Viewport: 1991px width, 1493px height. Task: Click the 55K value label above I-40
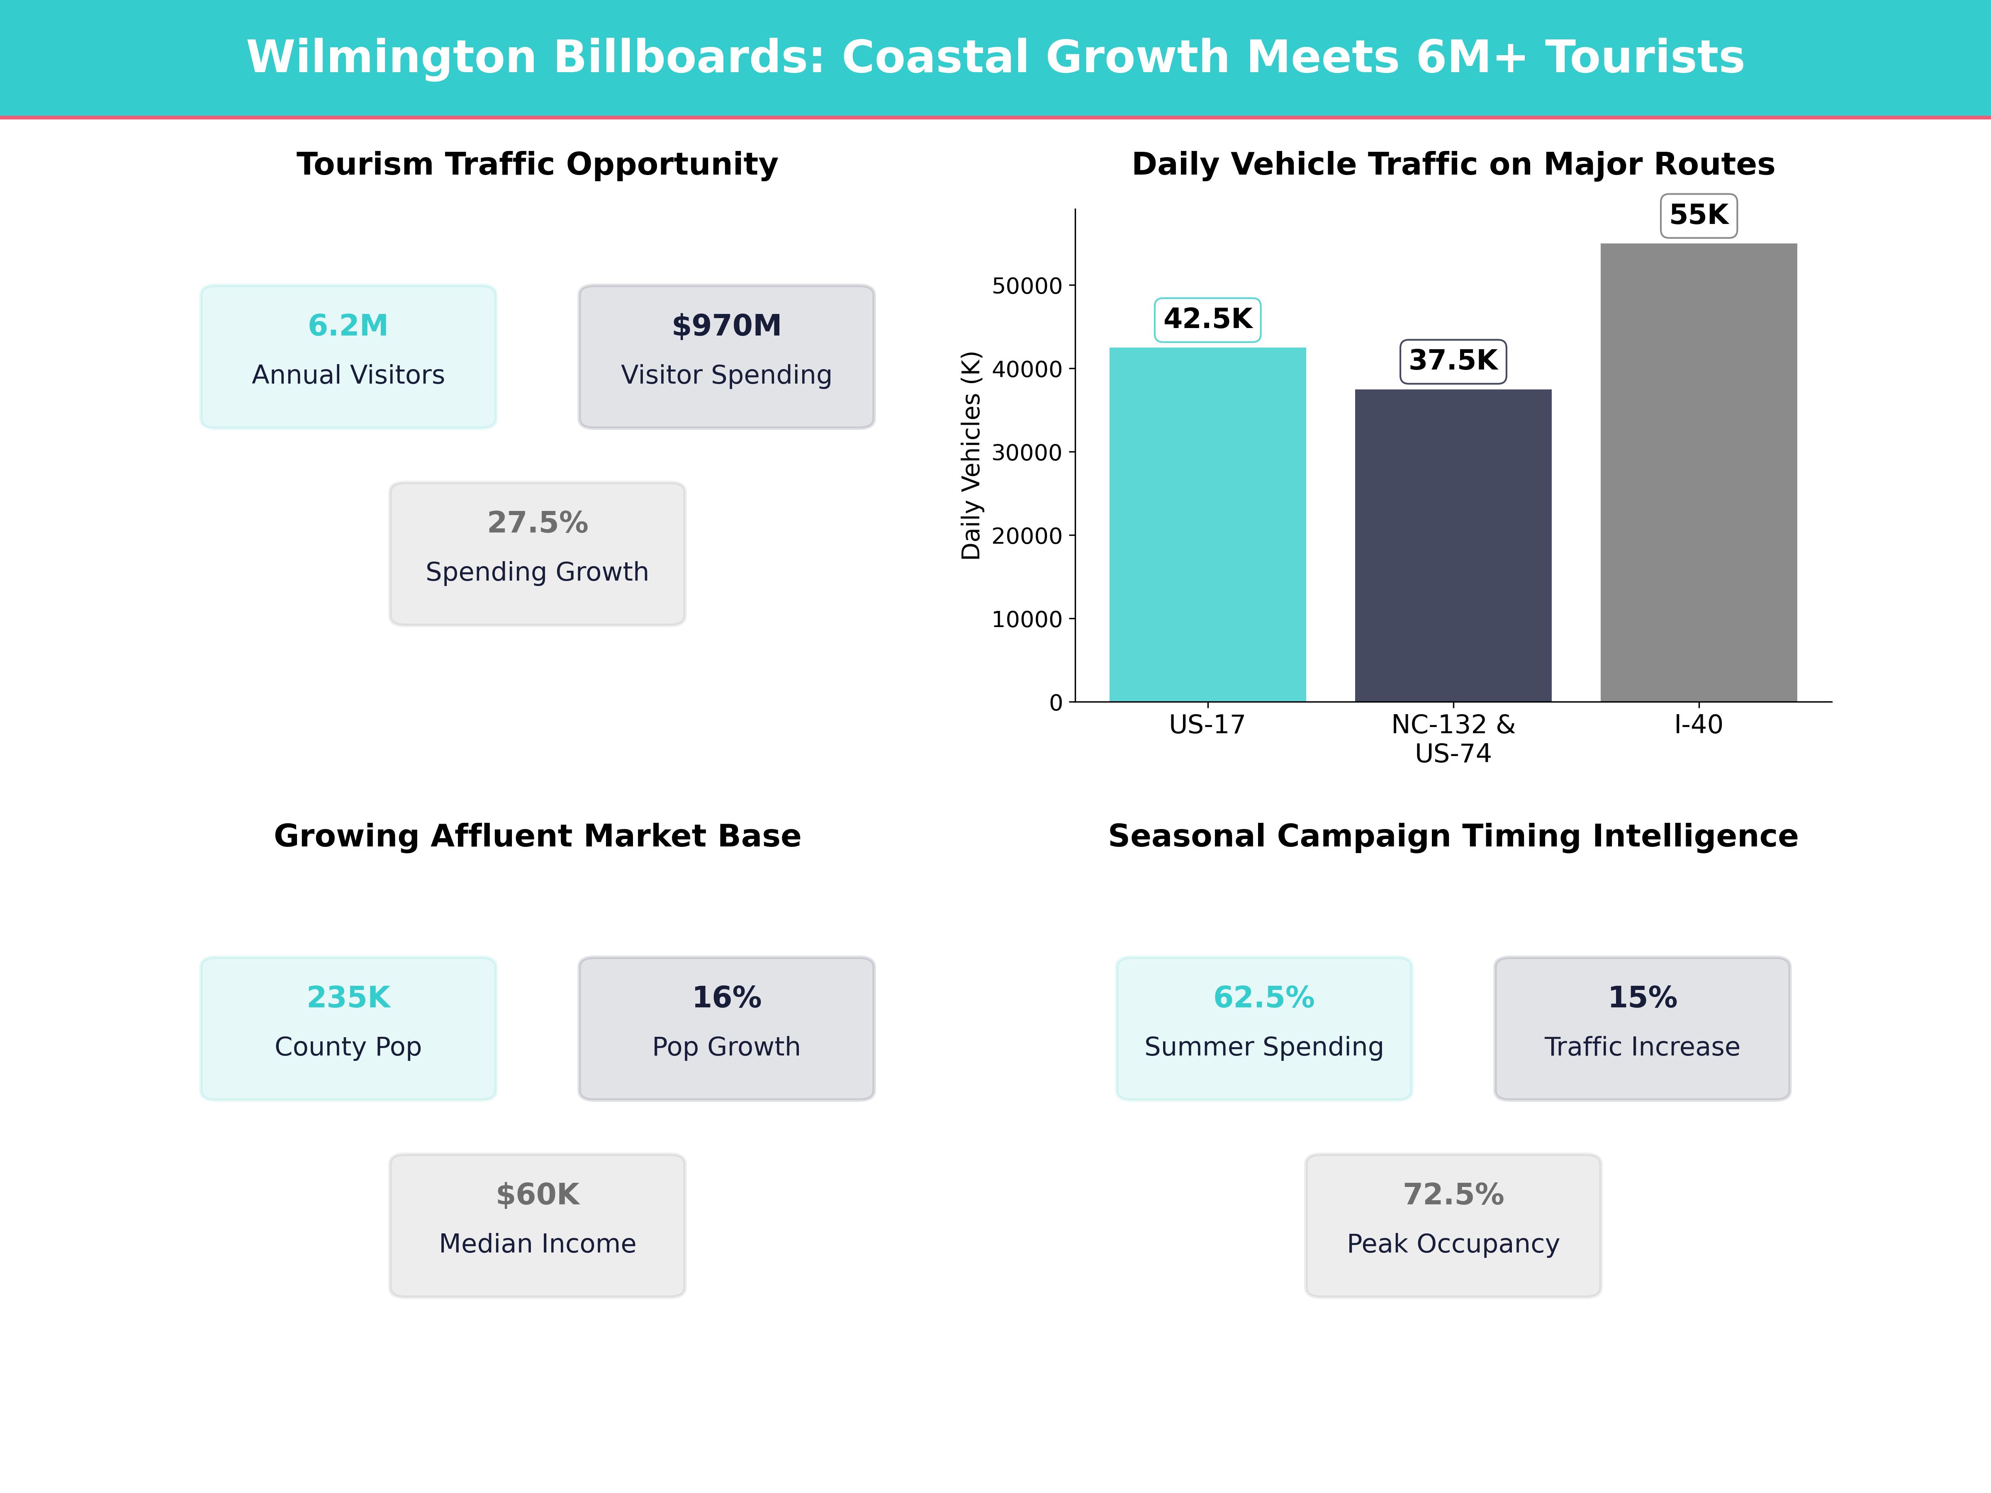[1699, 215]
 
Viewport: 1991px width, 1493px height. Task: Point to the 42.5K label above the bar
[1207, 319]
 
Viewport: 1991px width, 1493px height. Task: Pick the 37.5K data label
[1453, 361]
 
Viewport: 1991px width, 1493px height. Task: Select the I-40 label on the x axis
[1699, 725]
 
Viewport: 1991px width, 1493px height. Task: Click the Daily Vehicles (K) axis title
[970, 455]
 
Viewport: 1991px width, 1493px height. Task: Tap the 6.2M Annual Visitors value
[348, 326]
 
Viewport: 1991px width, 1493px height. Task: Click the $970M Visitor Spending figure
[726, 326]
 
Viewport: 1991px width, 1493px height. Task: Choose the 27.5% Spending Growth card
[537, 554]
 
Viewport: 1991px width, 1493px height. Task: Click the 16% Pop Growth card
[726, 1028]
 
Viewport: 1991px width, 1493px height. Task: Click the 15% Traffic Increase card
[1642, 1028]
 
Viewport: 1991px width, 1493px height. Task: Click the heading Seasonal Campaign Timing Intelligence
[1453, 836]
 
